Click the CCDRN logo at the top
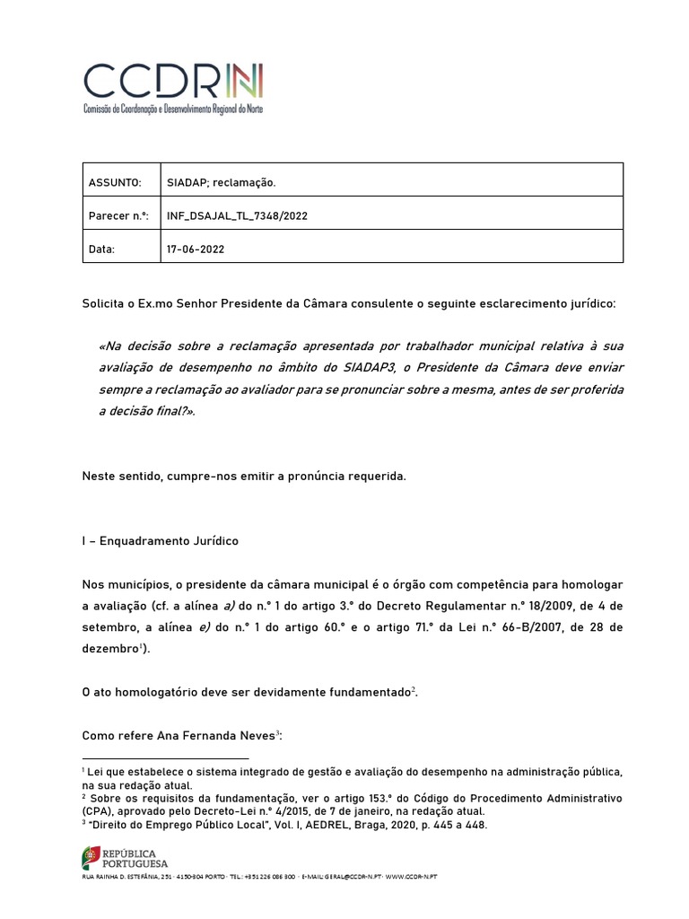click(x=173, y=86)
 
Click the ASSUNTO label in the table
click(x=114, y=182)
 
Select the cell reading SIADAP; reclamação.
click(x=221, y=182)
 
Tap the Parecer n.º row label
click(x=118, y=215)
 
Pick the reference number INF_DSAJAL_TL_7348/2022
click(x=241, y=215)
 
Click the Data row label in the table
click(x=101, y=249)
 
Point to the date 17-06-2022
click(x=196, y=249)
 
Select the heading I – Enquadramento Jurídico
click(x=161, y=541)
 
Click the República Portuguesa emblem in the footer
click(x=92, y=857)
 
